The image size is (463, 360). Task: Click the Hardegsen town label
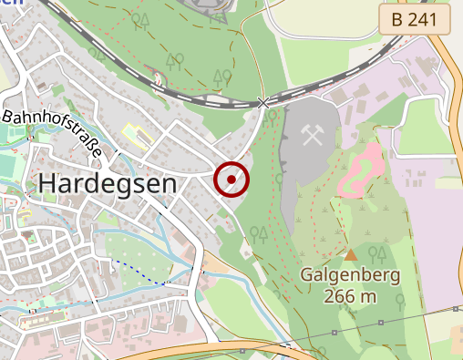click(108, 183)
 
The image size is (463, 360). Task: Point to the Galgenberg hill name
click(351, 276)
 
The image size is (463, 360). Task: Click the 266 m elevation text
click(351, 296)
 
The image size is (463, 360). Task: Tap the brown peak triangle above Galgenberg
click(351, 255)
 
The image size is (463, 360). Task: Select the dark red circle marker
click(231, 180)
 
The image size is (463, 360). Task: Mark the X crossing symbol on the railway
click(264, 103)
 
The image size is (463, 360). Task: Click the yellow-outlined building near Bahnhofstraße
click(135, 136)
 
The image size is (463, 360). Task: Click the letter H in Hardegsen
click(48, 183)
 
